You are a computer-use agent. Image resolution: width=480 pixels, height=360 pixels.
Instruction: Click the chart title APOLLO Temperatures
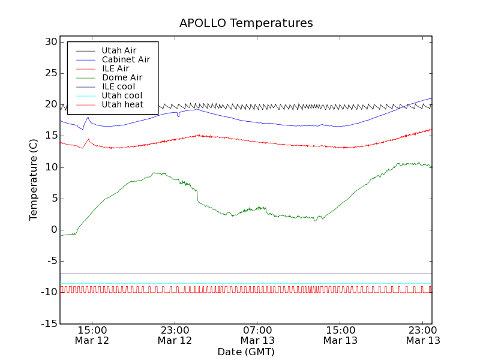246,23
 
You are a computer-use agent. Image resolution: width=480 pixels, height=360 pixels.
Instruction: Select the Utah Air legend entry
119,50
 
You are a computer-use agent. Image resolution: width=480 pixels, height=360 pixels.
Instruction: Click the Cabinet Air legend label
125,59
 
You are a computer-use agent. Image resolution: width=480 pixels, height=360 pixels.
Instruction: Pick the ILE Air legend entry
115,68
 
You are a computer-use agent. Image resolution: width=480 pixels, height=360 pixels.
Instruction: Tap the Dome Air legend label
122,77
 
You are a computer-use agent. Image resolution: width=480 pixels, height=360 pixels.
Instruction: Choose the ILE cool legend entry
118,86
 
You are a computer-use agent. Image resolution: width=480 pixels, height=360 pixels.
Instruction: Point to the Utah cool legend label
122,95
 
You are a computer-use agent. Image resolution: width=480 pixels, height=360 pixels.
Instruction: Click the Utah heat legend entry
122,104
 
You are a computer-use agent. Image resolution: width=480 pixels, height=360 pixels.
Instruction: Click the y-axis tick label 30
50,42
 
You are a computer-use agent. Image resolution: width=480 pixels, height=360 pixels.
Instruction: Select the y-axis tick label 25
50,73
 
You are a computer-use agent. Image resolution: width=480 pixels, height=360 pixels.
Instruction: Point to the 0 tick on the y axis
53,230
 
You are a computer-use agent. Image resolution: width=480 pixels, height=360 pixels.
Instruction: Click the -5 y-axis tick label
50,261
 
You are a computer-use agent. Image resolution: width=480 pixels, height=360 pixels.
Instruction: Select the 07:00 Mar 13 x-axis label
257,335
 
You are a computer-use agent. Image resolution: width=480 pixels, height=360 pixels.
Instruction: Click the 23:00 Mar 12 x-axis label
175,335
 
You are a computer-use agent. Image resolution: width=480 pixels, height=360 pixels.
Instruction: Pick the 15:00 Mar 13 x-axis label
340,335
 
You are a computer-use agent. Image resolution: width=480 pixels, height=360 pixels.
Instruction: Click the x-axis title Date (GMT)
246,352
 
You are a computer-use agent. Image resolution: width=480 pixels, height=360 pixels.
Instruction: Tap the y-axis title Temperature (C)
34,180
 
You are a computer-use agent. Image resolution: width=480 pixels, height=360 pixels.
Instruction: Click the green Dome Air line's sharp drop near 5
197,196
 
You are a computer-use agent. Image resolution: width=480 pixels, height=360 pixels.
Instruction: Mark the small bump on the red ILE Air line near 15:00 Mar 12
88,140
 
